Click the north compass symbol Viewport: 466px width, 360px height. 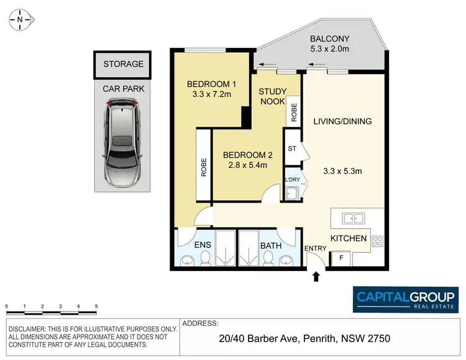[21, 20]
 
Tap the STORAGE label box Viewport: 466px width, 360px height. [123, 64]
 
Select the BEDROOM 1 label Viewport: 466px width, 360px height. [212, 84]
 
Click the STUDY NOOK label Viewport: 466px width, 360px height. [272, 96]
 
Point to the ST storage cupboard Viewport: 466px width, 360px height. [292, 148]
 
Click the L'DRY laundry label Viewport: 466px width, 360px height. [292, 180]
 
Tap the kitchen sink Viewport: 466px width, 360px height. [353, 218]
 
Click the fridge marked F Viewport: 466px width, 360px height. [340, 258]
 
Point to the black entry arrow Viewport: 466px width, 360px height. [316, 277]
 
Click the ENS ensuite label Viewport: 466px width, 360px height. [203, 246]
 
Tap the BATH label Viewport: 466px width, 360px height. [271, 246]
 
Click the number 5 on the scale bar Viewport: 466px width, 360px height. [96, 307]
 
